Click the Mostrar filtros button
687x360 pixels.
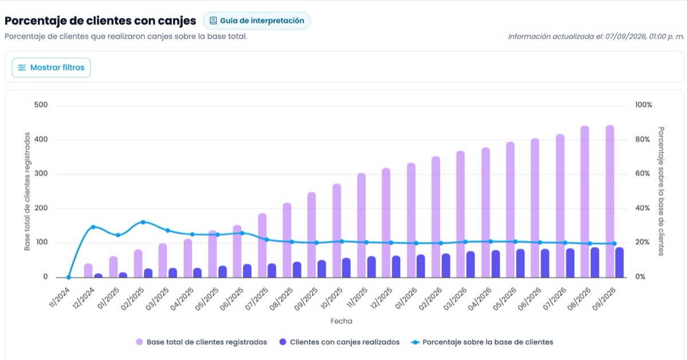coord(51,68)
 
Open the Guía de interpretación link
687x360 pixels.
coord(256,21)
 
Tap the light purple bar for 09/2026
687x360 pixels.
coord(610,201)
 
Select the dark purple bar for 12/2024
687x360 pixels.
coord(98,276)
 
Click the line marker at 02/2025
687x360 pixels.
coord(143,222)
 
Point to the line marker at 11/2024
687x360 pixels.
coord(68,277)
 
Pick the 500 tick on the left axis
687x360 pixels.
coord(41,105)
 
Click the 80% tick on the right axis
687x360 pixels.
coord(642,140)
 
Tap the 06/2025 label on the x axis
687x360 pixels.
coord(231,299)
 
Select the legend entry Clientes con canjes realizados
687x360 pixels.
coord(339,342)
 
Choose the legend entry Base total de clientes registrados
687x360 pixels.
coord(202,342)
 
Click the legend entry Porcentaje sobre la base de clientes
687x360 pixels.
coord(482,342)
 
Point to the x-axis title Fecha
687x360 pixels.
coord(341,321)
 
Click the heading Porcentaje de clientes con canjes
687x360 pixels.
coord(100,21)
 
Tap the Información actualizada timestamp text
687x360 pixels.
coord(596,37)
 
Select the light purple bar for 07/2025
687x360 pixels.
coord(262,246)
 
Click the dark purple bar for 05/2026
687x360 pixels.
coord(520,263)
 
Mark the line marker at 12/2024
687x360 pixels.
coord(93,227)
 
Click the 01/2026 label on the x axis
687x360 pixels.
coord(406,299)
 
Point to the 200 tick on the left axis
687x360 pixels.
coord(41,208)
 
